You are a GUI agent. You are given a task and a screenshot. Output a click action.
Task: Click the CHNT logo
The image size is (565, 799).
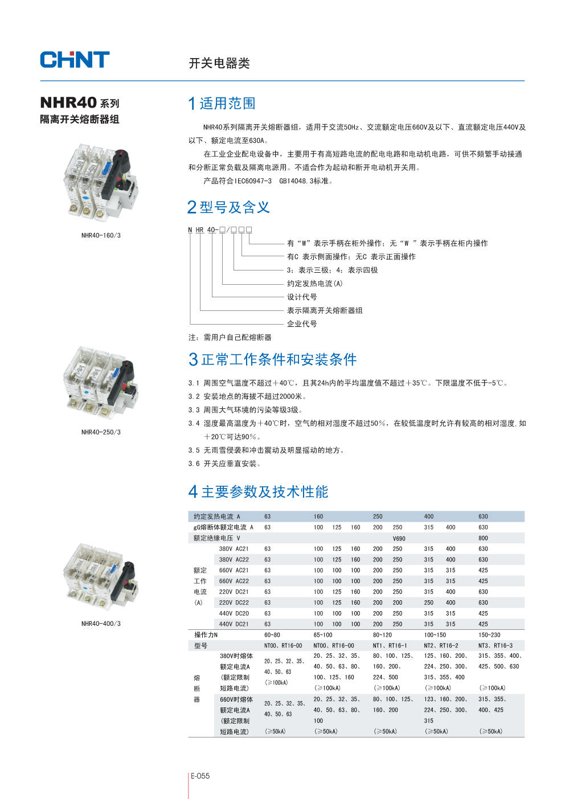tap(75, 60)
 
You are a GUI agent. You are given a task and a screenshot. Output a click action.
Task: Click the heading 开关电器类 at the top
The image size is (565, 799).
tap(219, 63)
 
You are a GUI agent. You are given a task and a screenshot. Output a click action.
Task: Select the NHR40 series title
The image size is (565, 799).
tap(80, 103)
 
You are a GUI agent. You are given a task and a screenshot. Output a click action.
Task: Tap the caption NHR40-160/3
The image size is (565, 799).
tap(101, 235)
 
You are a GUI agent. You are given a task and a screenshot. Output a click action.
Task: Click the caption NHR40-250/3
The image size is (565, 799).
tap(101, 432)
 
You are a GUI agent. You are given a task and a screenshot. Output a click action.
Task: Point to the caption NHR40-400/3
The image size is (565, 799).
tap(101, 624)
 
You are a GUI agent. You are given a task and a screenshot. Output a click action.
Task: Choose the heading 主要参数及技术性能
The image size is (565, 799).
tap(264, 492)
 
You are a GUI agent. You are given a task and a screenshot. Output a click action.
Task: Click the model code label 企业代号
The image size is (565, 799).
tap(302, 324)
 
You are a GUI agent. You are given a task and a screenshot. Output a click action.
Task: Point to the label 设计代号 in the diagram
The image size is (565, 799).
tap(302, 297)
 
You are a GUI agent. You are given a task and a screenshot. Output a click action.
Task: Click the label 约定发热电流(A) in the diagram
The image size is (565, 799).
tap(314, 284)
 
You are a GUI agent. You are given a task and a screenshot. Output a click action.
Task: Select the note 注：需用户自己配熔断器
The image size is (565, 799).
tap(230, 338)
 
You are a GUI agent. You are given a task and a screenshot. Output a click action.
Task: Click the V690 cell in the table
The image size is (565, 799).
tap(399, 538)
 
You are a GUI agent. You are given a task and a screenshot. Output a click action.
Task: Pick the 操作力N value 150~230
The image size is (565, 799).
tap(489, 635)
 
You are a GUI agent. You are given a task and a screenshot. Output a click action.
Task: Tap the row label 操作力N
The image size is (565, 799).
tap(206, 635)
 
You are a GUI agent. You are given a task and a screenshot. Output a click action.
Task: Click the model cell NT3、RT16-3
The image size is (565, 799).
tap(495, 646)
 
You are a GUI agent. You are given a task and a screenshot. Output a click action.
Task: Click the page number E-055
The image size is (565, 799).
tap(200, 776)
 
